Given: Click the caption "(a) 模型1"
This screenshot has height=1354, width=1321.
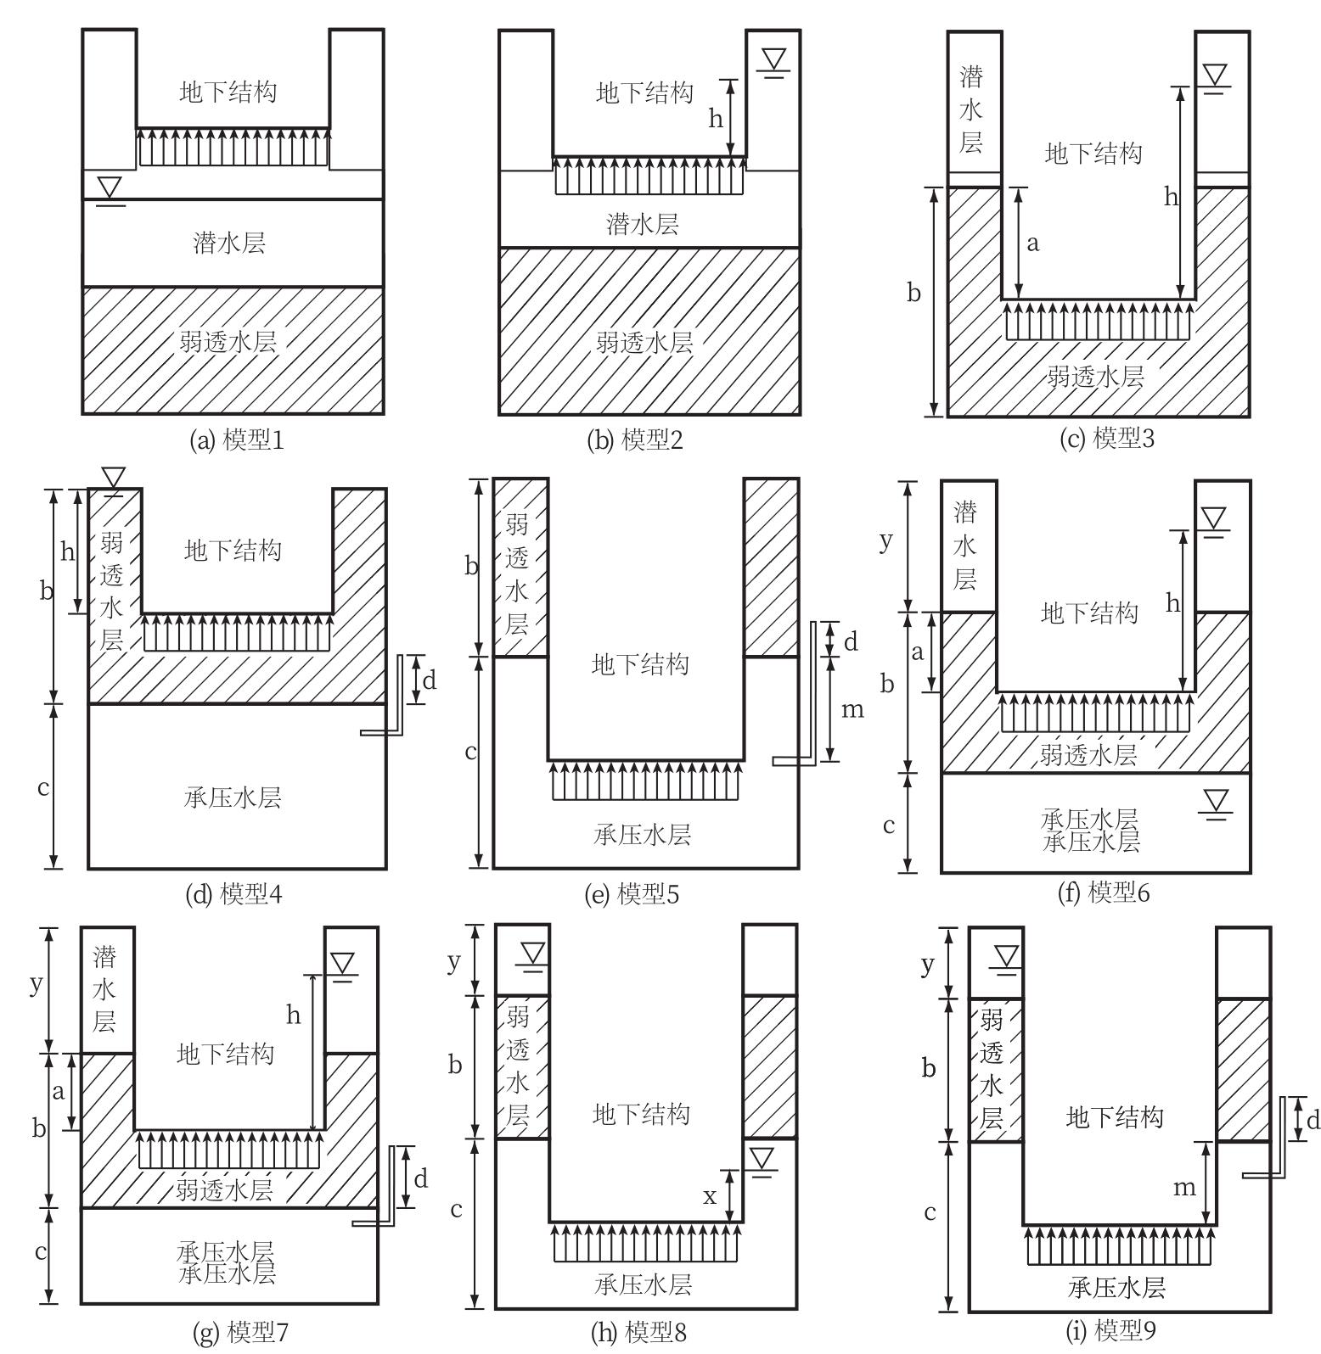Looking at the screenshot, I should pos(236,439).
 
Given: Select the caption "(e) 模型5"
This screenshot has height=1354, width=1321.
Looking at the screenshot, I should pos(632,894).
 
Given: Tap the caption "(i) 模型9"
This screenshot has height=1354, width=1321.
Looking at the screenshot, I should pos(1110,1330).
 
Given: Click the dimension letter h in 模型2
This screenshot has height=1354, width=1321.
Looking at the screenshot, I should pos(716,119).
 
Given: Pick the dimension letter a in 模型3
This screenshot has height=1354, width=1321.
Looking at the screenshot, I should pos(1032,243).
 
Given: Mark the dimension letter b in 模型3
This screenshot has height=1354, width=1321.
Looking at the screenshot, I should pos(913,294).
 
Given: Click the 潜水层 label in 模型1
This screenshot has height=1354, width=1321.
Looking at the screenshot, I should pos(229,243).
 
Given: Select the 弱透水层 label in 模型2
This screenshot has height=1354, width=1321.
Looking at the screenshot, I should pos(644,342).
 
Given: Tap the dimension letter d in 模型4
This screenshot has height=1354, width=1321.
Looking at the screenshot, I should pos(430,680).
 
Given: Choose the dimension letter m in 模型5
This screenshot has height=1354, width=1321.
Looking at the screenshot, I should pos(852,709).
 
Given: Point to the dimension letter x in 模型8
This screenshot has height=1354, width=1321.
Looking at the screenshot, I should pos(710,1196).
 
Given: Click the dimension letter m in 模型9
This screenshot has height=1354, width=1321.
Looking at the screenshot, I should pos(1184,1188).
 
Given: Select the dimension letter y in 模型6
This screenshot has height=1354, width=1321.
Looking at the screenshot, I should pos(886,540).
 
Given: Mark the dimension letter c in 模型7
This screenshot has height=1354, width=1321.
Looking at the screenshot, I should pos(40,1251).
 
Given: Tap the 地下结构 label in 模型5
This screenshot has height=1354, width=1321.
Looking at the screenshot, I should pos(639,663).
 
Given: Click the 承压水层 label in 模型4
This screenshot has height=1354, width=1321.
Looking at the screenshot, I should pos(232,797).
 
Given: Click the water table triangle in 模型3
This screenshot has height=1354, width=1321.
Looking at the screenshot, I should pos(1215,76).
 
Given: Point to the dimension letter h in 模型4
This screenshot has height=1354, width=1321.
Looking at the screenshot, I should pos(67,553).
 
